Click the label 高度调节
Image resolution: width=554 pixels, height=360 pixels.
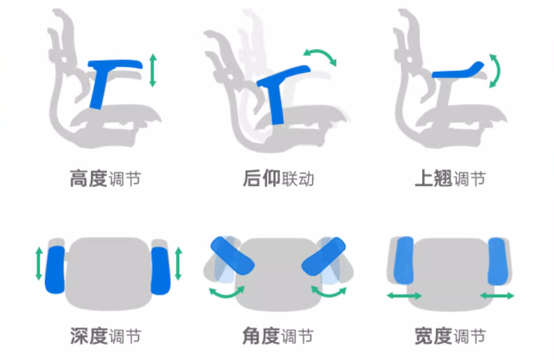[106, 179]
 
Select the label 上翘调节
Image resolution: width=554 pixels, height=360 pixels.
[450, 179]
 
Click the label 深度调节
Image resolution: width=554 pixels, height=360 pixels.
[106, 336]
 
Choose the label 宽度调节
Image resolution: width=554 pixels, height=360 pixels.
[450, 336]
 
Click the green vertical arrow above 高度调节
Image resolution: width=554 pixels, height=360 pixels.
[152, 71]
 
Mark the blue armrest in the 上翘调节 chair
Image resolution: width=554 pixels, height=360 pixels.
[455, 70]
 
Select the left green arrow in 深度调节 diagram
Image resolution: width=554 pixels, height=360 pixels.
[39, 264]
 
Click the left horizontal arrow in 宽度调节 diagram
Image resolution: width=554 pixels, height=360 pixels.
[404, 295]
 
